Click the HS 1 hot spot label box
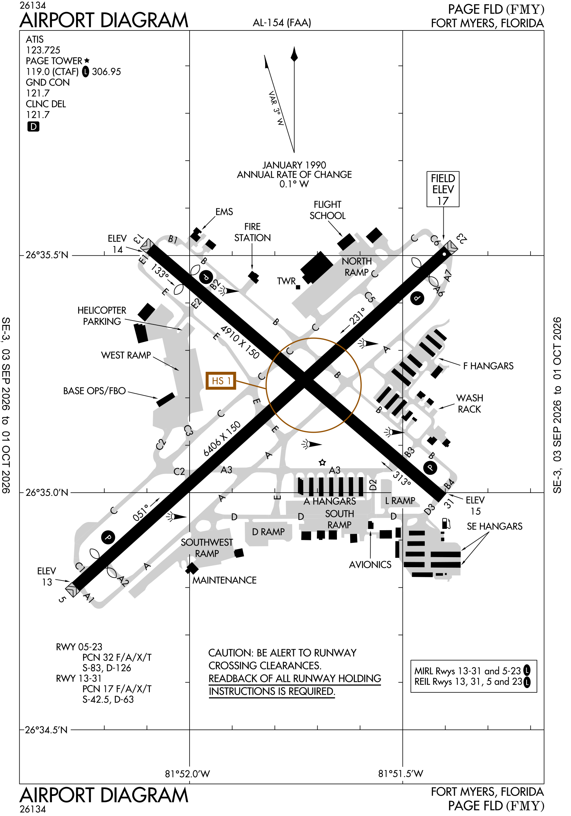pyautogui.click(x=221, y=381)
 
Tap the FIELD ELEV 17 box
pyautogui.click(x=443, y=189)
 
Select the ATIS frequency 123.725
pyautogui.click(x=43, y=50)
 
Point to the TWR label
pyautogui.click(x=286, y=281)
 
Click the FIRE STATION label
pyautogui.click(x=252, y=232)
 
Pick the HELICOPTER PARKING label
pyautogui.click(x=102, y=316)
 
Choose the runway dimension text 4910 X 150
pyautogui.click(x=239, y=342)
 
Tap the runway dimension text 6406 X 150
pyautogui.click(x=222, y=439)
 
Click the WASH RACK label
pyautogui.click(x=470, y=403)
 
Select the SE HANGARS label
pyautogui.click(x=495, y=526)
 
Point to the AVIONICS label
pyautogui.click(x=370, y=565)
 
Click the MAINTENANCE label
pyautogui.click(x=224, y=580)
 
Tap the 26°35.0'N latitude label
pyautogui.click(x=47, y=493)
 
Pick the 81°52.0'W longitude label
pyautogui.click(x=187, y=774)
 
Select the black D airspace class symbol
pyautogui.click(x=33, y=127)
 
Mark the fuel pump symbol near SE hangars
pyautogui.click(x=446, y=523)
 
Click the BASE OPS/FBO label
pyautogui.click(x=94, y=391)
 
